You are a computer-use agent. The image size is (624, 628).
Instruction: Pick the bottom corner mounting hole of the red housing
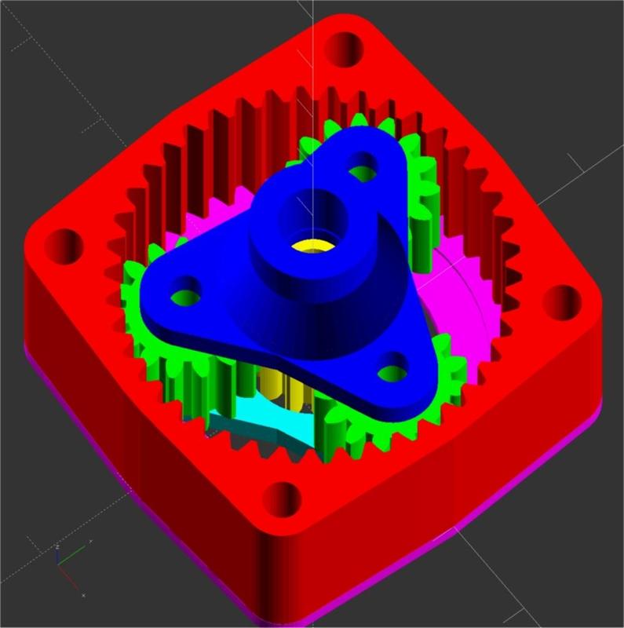pyautogui.click(x=285, y=499)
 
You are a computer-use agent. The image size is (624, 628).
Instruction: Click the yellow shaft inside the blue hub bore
pyautogui.click(x=311, y=246)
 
